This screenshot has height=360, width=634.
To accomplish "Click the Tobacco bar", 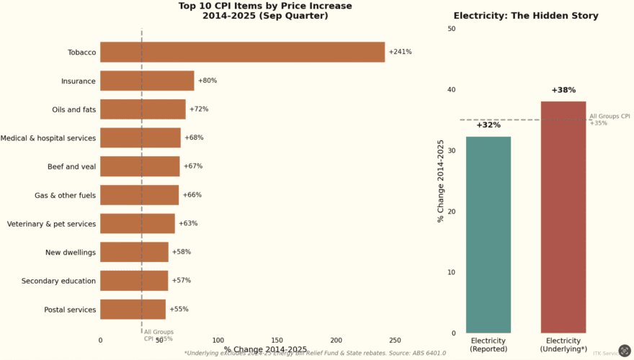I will (242, 52).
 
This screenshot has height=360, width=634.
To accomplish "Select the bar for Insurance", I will (147, 81).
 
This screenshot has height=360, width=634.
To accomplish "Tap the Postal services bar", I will (133, 309).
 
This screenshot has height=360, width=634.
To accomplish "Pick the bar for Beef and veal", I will (140, 166).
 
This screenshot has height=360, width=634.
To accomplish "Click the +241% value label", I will (400, 52).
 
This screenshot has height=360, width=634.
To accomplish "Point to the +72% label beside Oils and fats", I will (199, 109).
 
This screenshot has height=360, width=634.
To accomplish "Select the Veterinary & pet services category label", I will (51, 224).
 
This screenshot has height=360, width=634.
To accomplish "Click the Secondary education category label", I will (58, 281).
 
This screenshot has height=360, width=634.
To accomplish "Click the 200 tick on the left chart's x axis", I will (336, 340).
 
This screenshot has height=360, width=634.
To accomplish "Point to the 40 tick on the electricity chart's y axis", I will (451, 90).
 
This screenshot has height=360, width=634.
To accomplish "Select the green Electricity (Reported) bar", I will (488, 235).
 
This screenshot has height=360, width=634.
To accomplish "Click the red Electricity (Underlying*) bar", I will (563, 217).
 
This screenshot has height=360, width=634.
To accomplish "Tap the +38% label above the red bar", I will (563, 91).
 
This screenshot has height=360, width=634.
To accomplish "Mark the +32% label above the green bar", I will (488, 125).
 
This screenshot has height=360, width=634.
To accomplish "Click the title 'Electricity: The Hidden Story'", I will (525, 16).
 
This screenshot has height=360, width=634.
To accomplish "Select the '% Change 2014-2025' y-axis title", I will (441, 181).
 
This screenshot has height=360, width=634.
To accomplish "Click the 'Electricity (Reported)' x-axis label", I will (488, 345).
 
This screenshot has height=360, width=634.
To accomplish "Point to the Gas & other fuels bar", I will (139, 195).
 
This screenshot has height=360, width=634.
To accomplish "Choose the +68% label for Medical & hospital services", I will (194, 138).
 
